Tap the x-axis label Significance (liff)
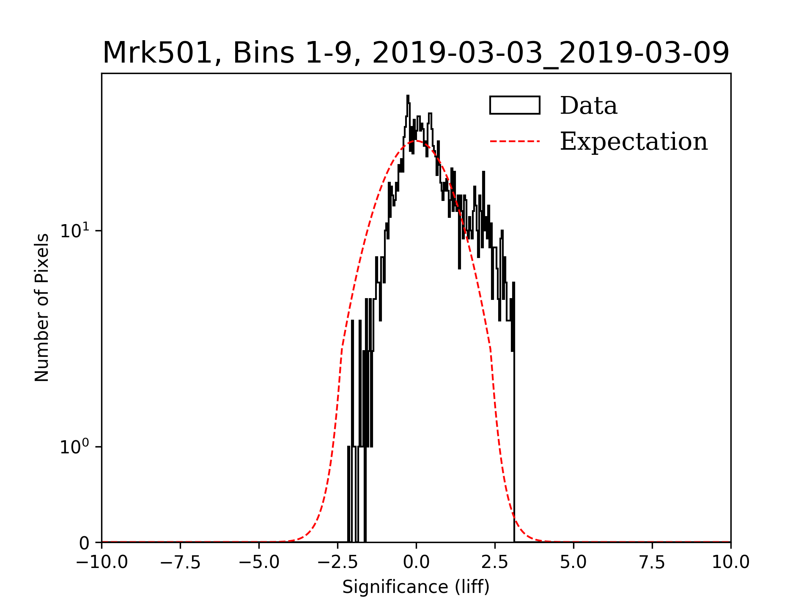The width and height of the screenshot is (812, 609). click(x=416, y=587)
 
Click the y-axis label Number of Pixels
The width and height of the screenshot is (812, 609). click(x=42, y=307)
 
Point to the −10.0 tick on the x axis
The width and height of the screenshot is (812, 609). click(x=101, y=562)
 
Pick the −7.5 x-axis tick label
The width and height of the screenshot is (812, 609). click(x=180, y=562)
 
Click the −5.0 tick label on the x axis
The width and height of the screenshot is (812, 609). click(x=259, y=562)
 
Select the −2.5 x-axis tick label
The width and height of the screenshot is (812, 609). click(x=337, y=562)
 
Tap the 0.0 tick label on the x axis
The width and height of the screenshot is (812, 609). click(x=416, y=562)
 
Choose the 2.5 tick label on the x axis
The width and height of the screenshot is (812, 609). click(x=495, y=562)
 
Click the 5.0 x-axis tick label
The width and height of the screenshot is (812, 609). click(x=573, y=562)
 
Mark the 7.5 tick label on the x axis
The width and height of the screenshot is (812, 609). click(x=652, y=562)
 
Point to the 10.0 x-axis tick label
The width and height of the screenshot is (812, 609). click(x=730, y=562)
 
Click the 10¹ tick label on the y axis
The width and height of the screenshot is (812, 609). click(x=75, y=230)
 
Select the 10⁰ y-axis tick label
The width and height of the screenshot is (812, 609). click(x=75, y=447)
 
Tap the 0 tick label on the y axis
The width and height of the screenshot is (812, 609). click(x=84, y=543)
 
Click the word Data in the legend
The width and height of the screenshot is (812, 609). click(x=588, y=106)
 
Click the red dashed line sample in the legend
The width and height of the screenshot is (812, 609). click(x=515, y=141)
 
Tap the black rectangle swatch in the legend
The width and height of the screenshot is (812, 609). click(x=515, y=105)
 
